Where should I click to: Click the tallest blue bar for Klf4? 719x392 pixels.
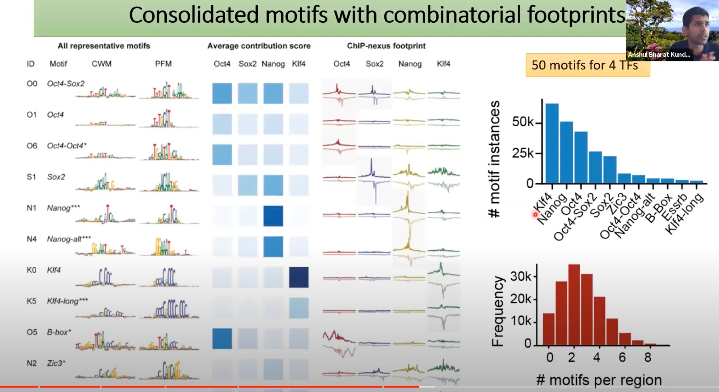552,144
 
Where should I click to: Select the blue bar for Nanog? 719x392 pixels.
567,152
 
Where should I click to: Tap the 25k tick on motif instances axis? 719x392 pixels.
523,154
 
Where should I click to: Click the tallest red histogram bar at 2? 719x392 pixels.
574,305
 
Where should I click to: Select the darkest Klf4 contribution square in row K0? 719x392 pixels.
299,277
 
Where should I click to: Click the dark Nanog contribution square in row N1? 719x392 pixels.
273,216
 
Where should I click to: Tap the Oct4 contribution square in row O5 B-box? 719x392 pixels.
222,339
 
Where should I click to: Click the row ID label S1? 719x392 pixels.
31,177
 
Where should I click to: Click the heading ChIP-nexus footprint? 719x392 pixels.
386,46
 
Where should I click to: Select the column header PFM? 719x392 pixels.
163,64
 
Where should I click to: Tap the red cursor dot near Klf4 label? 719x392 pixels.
535,215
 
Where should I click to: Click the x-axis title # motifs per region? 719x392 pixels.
599,380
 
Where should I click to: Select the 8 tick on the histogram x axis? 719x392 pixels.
647,358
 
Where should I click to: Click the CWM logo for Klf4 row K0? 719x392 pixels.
105,278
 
